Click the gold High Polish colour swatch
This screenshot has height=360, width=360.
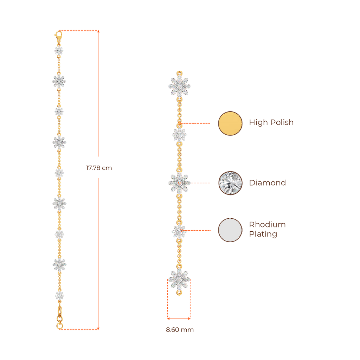[x=230, y=123]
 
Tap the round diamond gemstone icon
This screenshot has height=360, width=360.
[x=230, y=183]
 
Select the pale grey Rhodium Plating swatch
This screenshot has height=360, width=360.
[x=230, y=230]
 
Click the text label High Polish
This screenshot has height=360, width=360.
[x=271, y=123]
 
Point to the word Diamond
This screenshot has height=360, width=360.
[x=267, y=183]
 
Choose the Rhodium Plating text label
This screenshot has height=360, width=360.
[x=267, y=229]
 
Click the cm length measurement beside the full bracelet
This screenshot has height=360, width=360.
[x=99, y=168]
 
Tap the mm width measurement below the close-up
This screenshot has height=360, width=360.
[x=180, y=330]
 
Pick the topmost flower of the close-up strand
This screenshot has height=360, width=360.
[x=180, y=86]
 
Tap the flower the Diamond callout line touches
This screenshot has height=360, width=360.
[x=179, y=183]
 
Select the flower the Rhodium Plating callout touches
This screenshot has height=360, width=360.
[x=179, y=231]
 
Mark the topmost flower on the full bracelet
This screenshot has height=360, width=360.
[x=59, y=51]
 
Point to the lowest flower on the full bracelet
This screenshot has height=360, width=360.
[x=59, y=295]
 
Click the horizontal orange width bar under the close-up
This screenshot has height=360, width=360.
[x=179, y=319]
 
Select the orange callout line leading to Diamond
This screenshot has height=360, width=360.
[x=200, y=183]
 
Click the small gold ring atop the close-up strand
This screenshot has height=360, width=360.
[x=180, y=72]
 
